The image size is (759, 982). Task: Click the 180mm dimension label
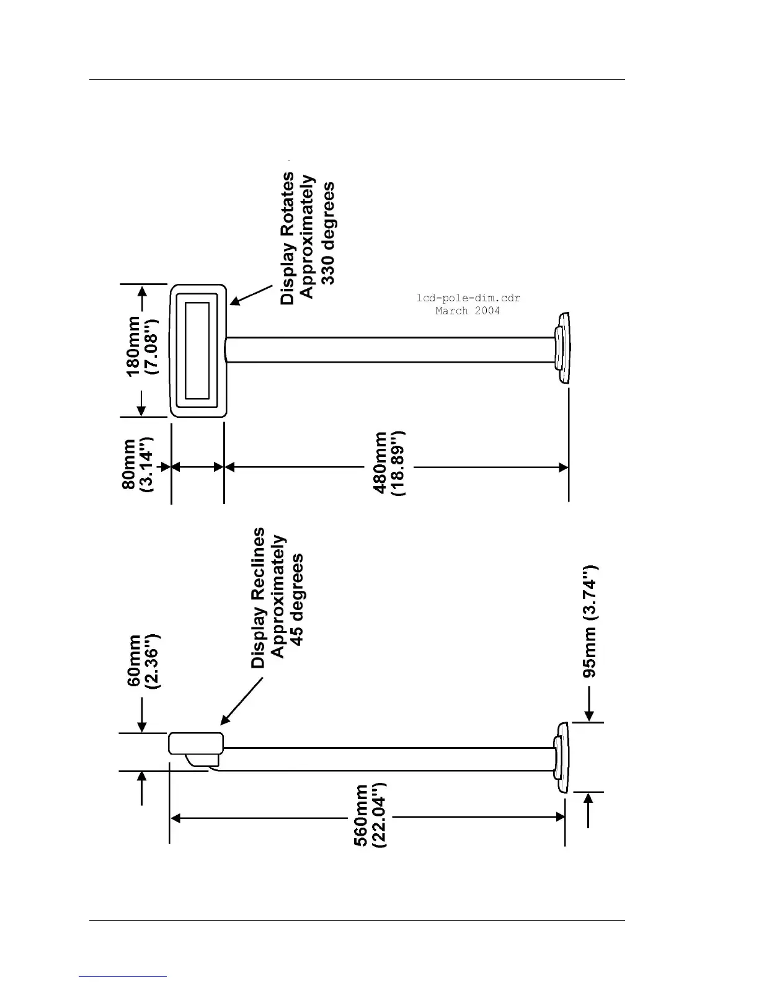(x=133, y=347)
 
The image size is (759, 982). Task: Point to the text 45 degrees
(x=298, y=599)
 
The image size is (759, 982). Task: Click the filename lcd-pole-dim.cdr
(x=468, y=298)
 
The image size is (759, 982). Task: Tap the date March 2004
(x=468, y=311)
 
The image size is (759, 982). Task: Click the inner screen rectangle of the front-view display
(x=197, y=350)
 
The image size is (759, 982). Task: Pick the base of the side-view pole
(x=561, y=758)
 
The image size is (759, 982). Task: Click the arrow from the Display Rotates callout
(x=251, y=295)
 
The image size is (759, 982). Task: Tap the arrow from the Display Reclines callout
(x=242, y=701)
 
